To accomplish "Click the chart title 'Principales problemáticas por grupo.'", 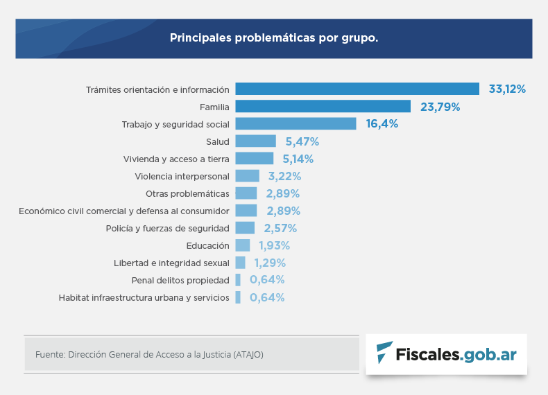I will click(x=274, y=37).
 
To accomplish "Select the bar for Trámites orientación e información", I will click(x=357, y=89).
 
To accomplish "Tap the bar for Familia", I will click(x=323, y=106).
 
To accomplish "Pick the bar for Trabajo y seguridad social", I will click(x=296, y=123).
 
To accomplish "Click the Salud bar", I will click(x=255, y=141).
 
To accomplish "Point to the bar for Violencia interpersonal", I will click(x=247, y=176).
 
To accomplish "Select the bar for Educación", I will click(x=243, y=245).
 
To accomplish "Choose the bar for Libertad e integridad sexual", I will click(x=240, y=263).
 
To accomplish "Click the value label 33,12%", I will click(x=507, y=89).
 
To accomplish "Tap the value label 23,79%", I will click(x=440, y=107).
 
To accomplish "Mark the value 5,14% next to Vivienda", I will click(x=298, y=159).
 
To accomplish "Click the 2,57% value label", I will click(x=280, y=228).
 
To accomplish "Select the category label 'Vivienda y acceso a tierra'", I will click(x=176, y=159).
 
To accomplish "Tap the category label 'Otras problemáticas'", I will click(x=187, y=193).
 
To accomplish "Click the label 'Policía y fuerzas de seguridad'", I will click(x=167, y=228).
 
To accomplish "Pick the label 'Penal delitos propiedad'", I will click(x=180, y=280).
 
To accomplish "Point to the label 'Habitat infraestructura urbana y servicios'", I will click(x=144, y=297).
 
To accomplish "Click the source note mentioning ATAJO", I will click(x=149, y=354).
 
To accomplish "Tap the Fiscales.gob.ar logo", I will click(x=446, y=353).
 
